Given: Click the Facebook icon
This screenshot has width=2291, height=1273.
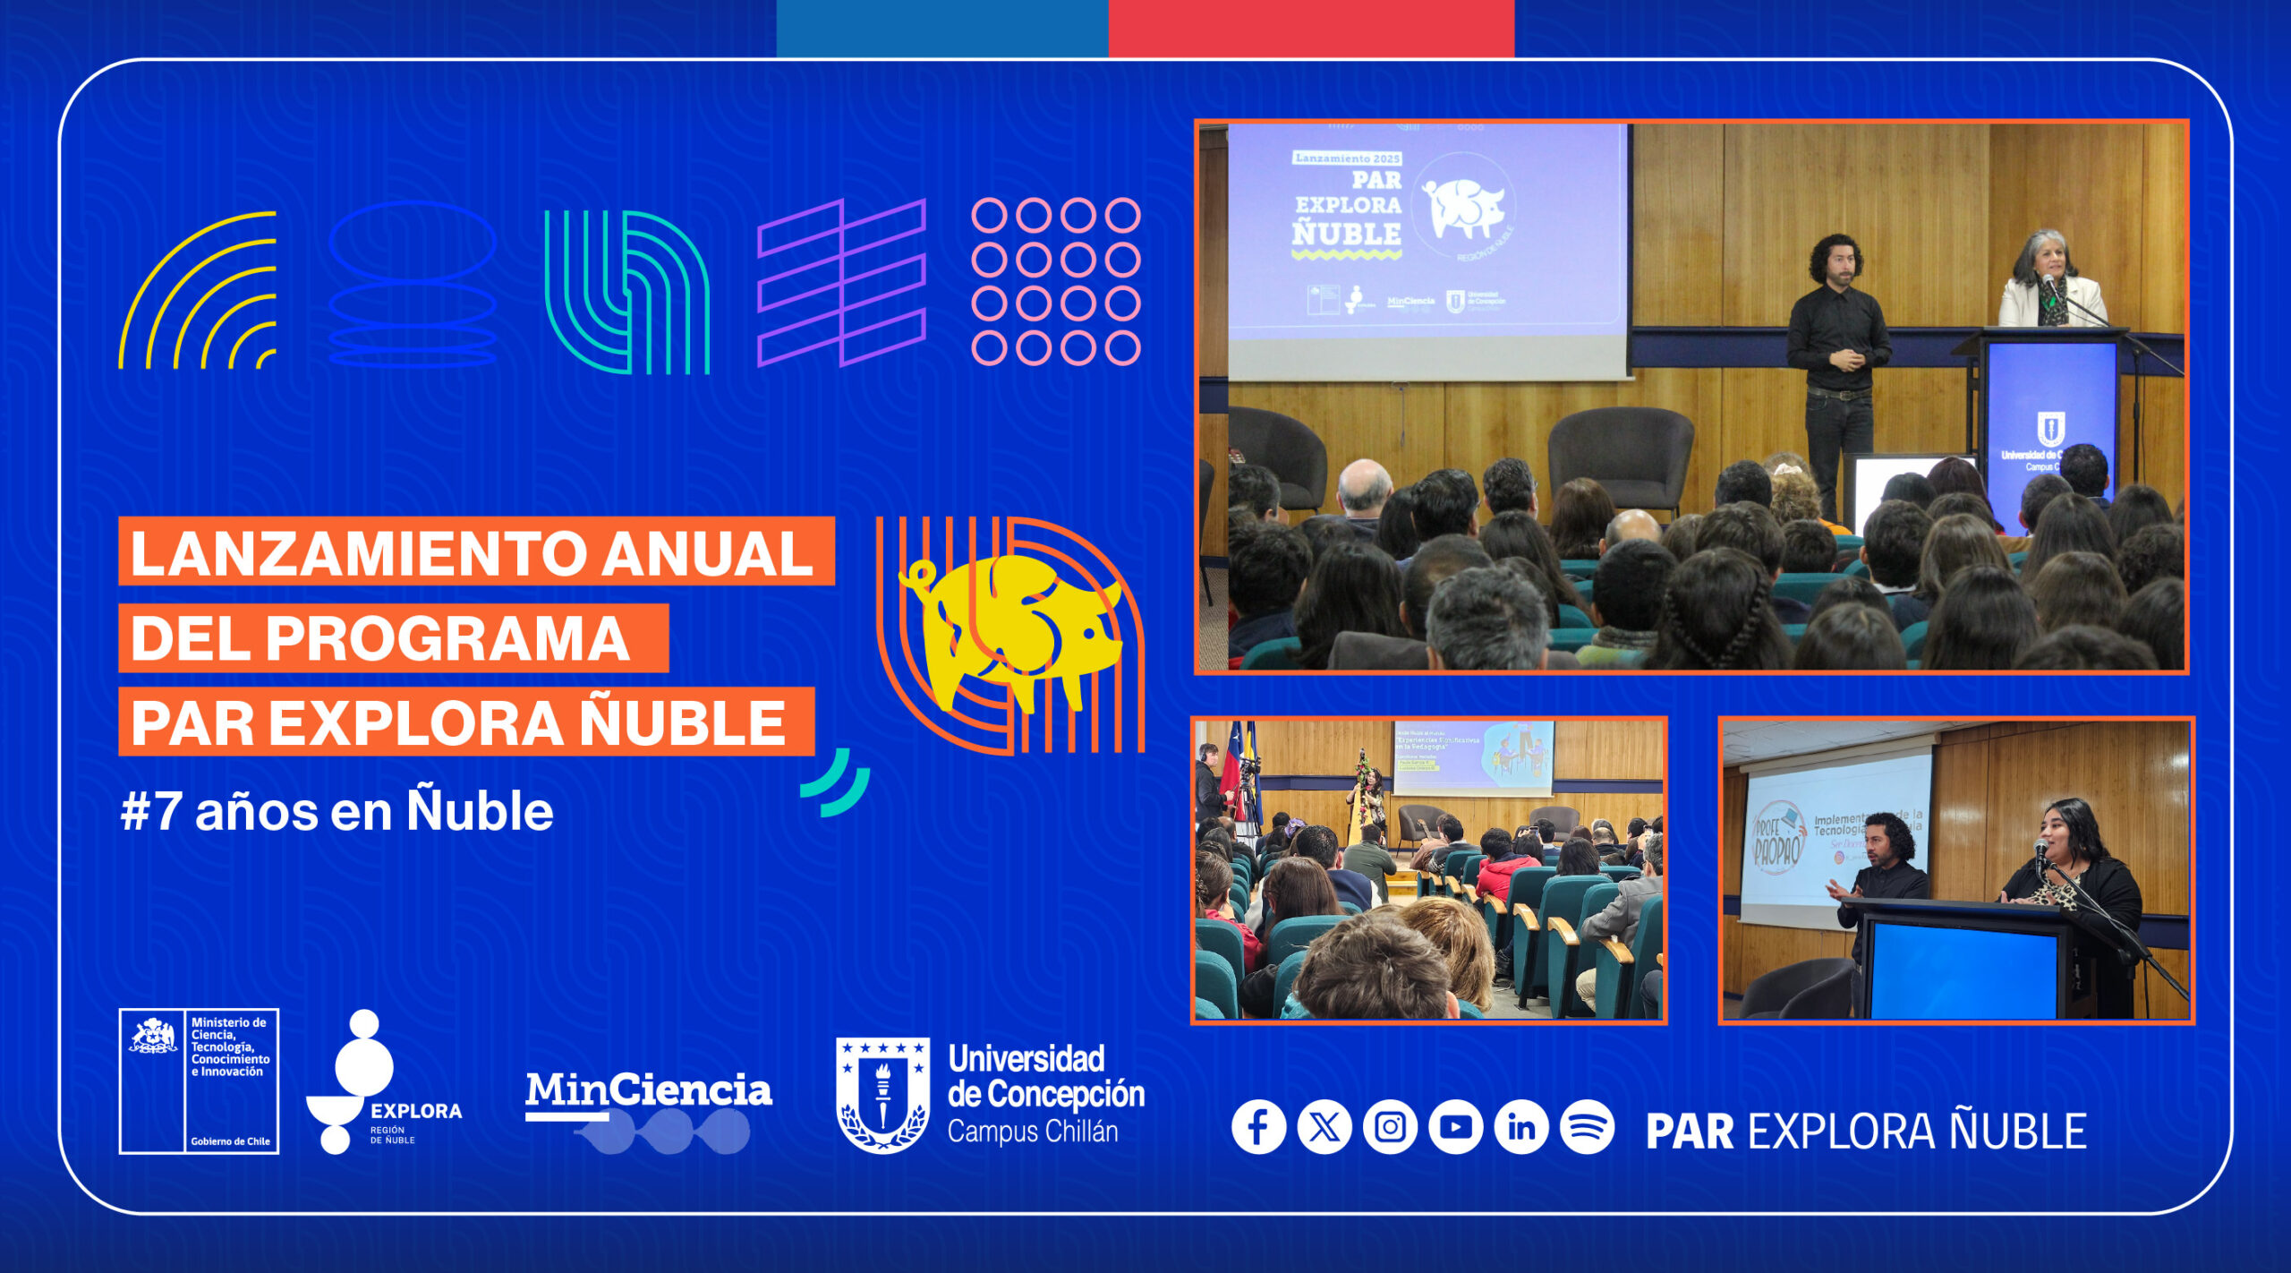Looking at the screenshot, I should (x=1258, y=1126).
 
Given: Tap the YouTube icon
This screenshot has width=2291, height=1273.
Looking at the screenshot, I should (x=1455, y=1126).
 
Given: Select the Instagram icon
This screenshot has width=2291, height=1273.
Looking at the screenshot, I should (x=1390, y=1126).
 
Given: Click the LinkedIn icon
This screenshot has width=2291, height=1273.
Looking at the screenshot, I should (x=1521, y=1126).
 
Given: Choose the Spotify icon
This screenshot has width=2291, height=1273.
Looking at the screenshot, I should (x=1587, y=1126).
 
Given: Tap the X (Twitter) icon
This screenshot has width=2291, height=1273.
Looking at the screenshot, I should (x=1324, y=1126).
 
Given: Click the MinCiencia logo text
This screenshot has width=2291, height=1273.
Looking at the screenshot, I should (x=648, y=1090).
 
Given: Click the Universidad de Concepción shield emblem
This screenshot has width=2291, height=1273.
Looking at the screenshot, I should (x=882, y=1094).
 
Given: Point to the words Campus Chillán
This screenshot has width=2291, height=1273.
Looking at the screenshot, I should (x=1033, y=1132).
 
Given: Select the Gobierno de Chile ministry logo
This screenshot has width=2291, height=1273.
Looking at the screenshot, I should (x=199, y=1081).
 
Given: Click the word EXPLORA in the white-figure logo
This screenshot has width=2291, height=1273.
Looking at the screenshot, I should (x=416, y=1111).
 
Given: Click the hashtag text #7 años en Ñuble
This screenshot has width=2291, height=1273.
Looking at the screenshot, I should (x=336, y=812).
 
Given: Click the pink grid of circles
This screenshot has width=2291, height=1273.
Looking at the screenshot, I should (x=1055, y=281).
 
